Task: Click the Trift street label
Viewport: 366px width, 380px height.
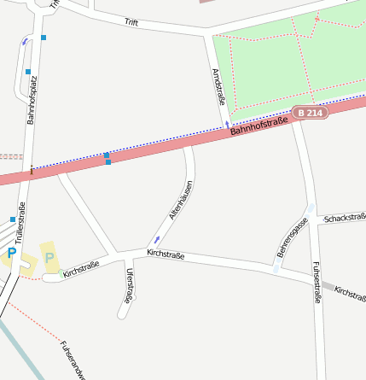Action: [131, 22]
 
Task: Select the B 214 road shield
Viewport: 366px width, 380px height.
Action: [310, 113]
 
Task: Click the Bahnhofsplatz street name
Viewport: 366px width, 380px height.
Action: [32, 100]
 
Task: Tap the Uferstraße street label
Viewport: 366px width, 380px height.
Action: [129, 285]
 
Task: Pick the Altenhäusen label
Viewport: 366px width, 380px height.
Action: [180, 201]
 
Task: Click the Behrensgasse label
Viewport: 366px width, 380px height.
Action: [292, 237]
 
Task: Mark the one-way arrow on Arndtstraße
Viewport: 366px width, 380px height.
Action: [227, 126]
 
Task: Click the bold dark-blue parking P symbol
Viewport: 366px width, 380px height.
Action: [12, 253]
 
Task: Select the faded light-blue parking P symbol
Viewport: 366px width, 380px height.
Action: [49, 257]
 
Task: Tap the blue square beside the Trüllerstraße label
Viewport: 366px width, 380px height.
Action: [12, 219]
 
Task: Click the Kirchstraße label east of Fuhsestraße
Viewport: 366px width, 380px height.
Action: [351, 295]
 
